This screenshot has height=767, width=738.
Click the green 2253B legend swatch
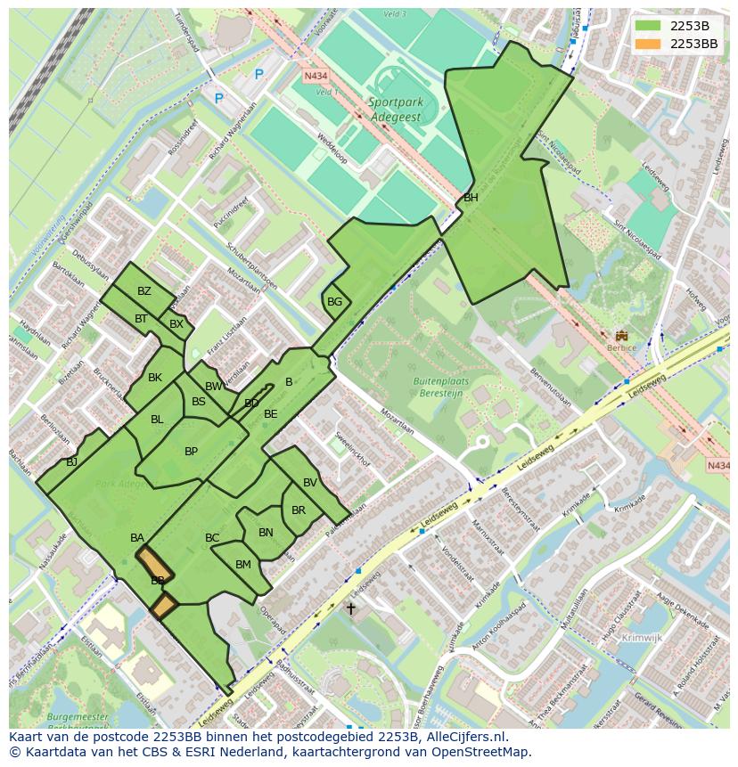click(648, 26)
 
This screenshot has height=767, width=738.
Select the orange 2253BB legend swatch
click(648, 44)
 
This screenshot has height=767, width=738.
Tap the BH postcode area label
click(471, 198)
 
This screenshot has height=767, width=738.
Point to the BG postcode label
click(334, 302)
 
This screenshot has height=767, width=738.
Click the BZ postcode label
click(144, 291)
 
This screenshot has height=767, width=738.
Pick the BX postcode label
click(176, 324)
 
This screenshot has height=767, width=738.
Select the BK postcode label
click(155, 378)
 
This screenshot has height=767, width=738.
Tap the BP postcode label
click(191, 452)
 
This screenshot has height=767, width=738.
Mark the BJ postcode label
click(72, 461)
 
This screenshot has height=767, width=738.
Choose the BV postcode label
click(310, 483)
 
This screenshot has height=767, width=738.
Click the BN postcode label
click(266, 533)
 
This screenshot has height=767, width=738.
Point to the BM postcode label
click(242, 565)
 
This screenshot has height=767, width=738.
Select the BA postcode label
click(137, 538)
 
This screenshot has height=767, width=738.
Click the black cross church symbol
click(350, 609)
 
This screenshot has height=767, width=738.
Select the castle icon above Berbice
click(621, 335)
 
